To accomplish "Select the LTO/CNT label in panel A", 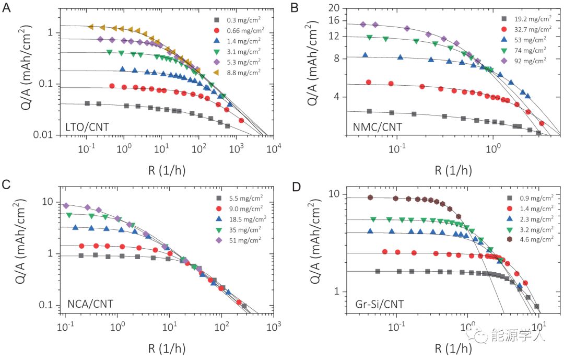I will tap(88, 125).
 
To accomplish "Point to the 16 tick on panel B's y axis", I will tap(333, 20).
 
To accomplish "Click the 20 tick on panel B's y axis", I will tap(333, 8).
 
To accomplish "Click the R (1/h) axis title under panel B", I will tap(452, 169).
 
